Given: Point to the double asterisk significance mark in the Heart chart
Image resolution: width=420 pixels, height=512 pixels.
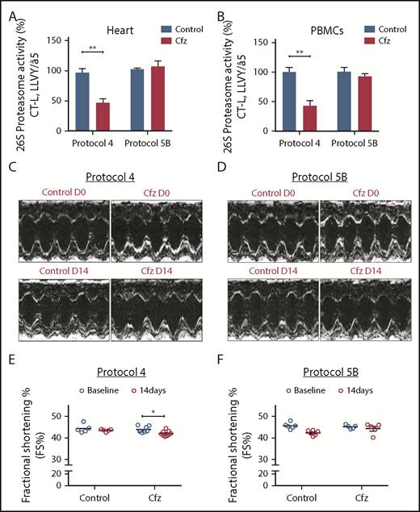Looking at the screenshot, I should (x=94, y=48).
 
